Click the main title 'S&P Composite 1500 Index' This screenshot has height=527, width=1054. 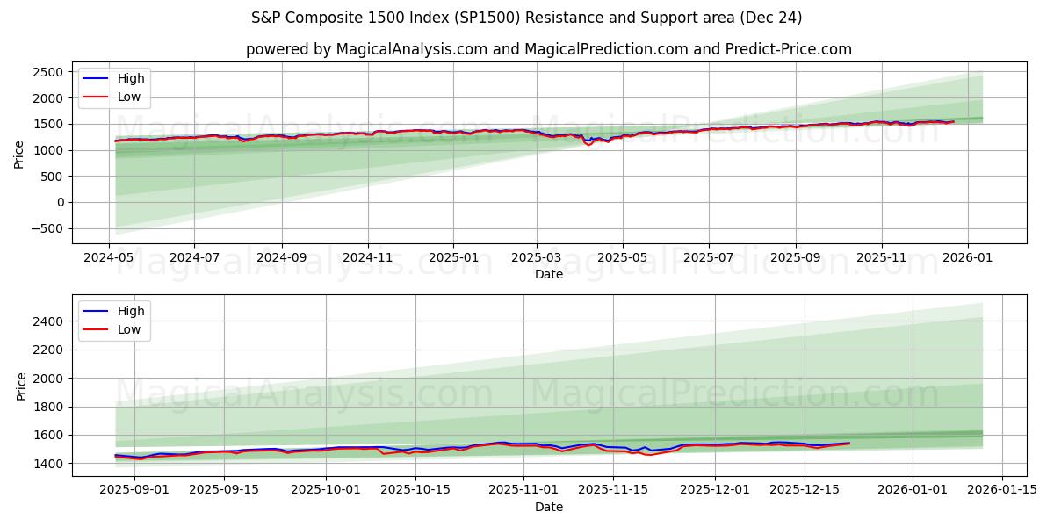point(526,18)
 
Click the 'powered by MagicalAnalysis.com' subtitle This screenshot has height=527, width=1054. point(548,49)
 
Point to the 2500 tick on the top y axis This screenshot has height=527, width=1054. point(48,72)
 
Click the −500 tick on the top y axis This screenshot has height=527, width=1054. point(46,228)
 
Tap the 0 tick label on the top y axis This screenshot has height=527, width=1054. point(59,202)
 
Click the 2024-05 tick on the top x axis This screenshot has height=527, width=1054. point(109,259)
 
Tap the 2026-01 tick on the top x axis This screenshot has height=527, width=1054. point(967,259)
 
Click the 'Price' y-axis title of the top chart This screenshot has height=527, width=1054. point(19,154)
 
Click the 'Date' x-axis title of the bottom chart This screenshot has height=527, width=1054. point(548,507)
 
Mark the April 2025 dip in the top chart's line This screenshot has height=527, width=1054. point(589,144)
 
